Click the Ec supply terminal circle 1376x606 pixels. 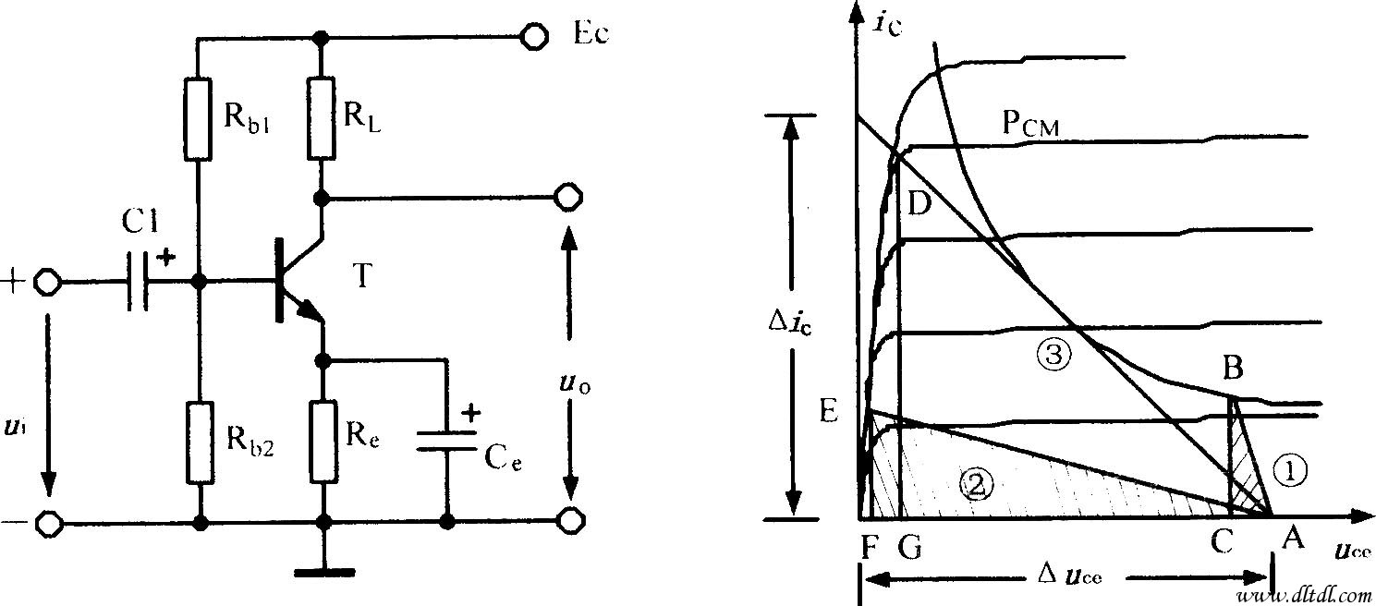click(535, 37)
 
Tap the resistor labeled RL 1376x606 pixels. click(322, 117)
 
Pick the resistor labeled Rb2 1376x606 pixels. click(199, 442)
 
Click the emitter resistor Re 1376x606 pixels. click(323, 441)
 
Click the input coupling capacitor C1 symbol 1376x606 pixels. click(139, 281)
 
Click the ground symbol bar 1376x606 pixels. click(323, 573)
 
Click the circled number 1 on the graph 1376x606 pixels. click(1290, 470)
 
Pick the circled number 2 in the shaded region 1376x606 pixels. click(976, 479)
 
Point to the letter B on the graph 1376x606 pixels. click(1232, 369)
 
